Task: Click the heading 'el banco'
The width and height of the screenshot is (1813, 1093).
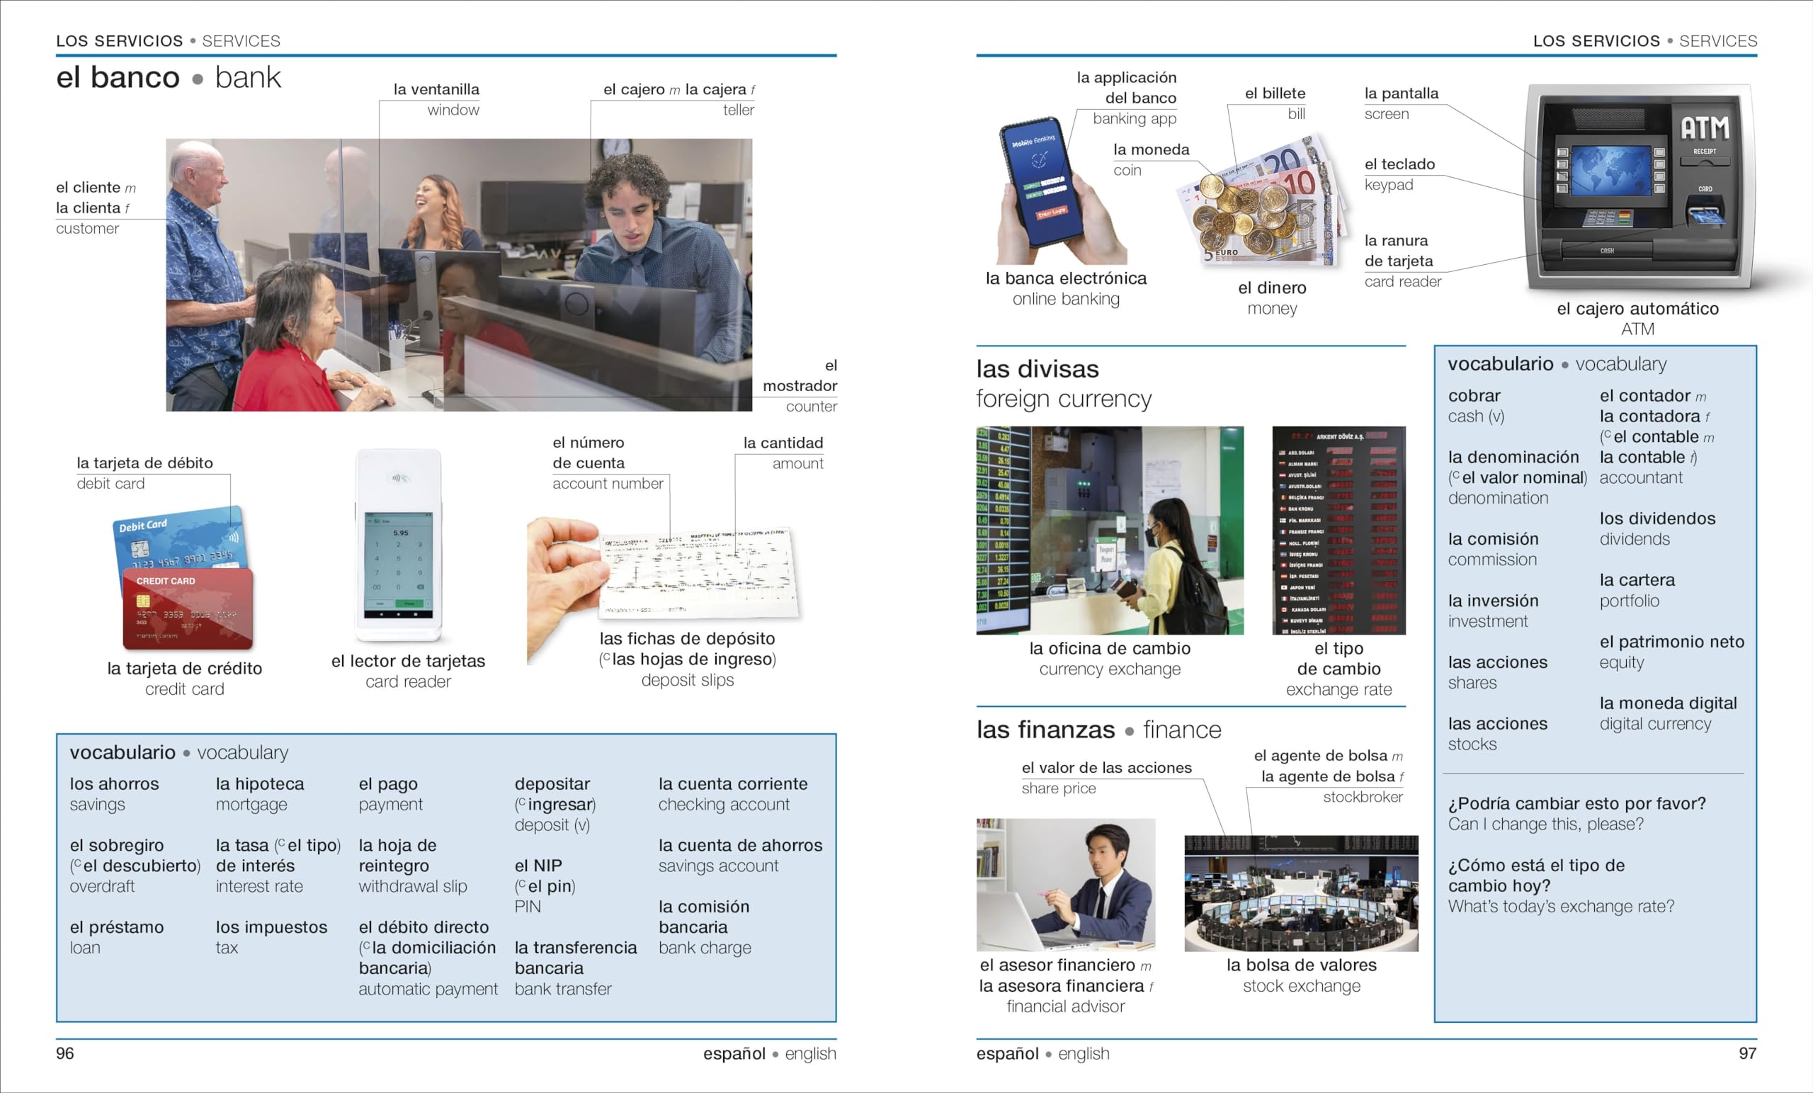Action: tap(118, 78)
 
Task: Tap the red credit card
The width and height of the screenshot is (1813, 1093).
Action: tap(188, 608)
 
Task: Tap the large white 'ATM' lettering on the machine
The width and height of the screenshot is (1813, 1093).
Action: tap(1704, 128)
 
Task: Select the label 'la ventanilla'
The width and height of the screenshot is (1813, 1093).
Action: tap(436, 90)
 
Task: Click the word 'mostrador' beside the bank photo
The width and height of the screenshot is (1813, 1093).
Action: tap(799, 385)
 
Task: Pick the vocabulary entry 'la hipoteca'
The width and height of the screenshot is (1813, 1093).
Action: tap(260, 784)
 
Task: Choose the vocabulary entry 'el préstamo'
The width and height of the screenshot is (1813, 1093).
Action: tap(116, 927)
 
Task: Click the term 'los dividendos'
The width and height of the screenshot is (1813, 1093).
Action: tap(1657, 518)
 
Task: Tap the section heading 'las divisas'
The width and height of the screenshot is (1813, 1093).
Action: tap(1037, 369)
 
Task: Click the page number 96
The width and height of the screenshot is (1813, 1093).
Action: tap(64, 1053)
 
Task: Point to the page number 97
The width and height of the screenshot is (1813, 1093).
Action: tap(1748, 1053)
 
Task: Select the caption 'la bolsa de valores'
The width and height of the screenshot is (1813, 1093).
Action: tap(1301, 965)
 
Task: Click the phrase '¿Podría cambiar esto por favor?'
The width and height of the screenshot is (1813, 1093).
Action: tap(1576, 803)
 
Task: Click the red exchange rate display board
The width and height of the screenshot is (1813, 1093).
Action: tap(1339, 530)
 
